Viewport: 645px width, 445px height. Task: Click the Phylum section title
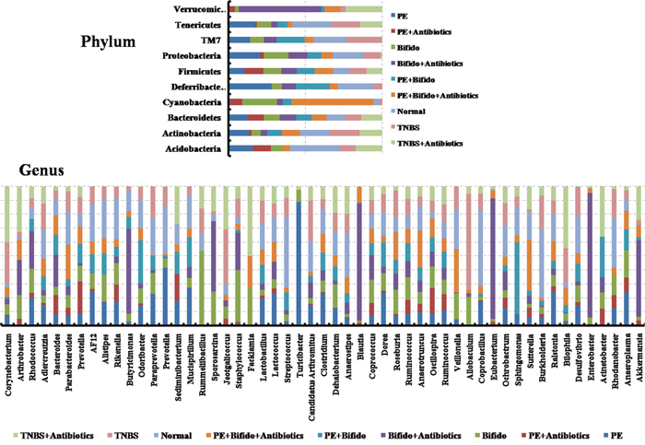coord(108,42)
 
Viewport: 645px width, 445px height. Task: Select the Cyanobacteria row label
coord(190,101)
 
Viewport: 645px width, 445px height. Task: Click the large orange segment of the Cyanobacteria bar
coord(333,101)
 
